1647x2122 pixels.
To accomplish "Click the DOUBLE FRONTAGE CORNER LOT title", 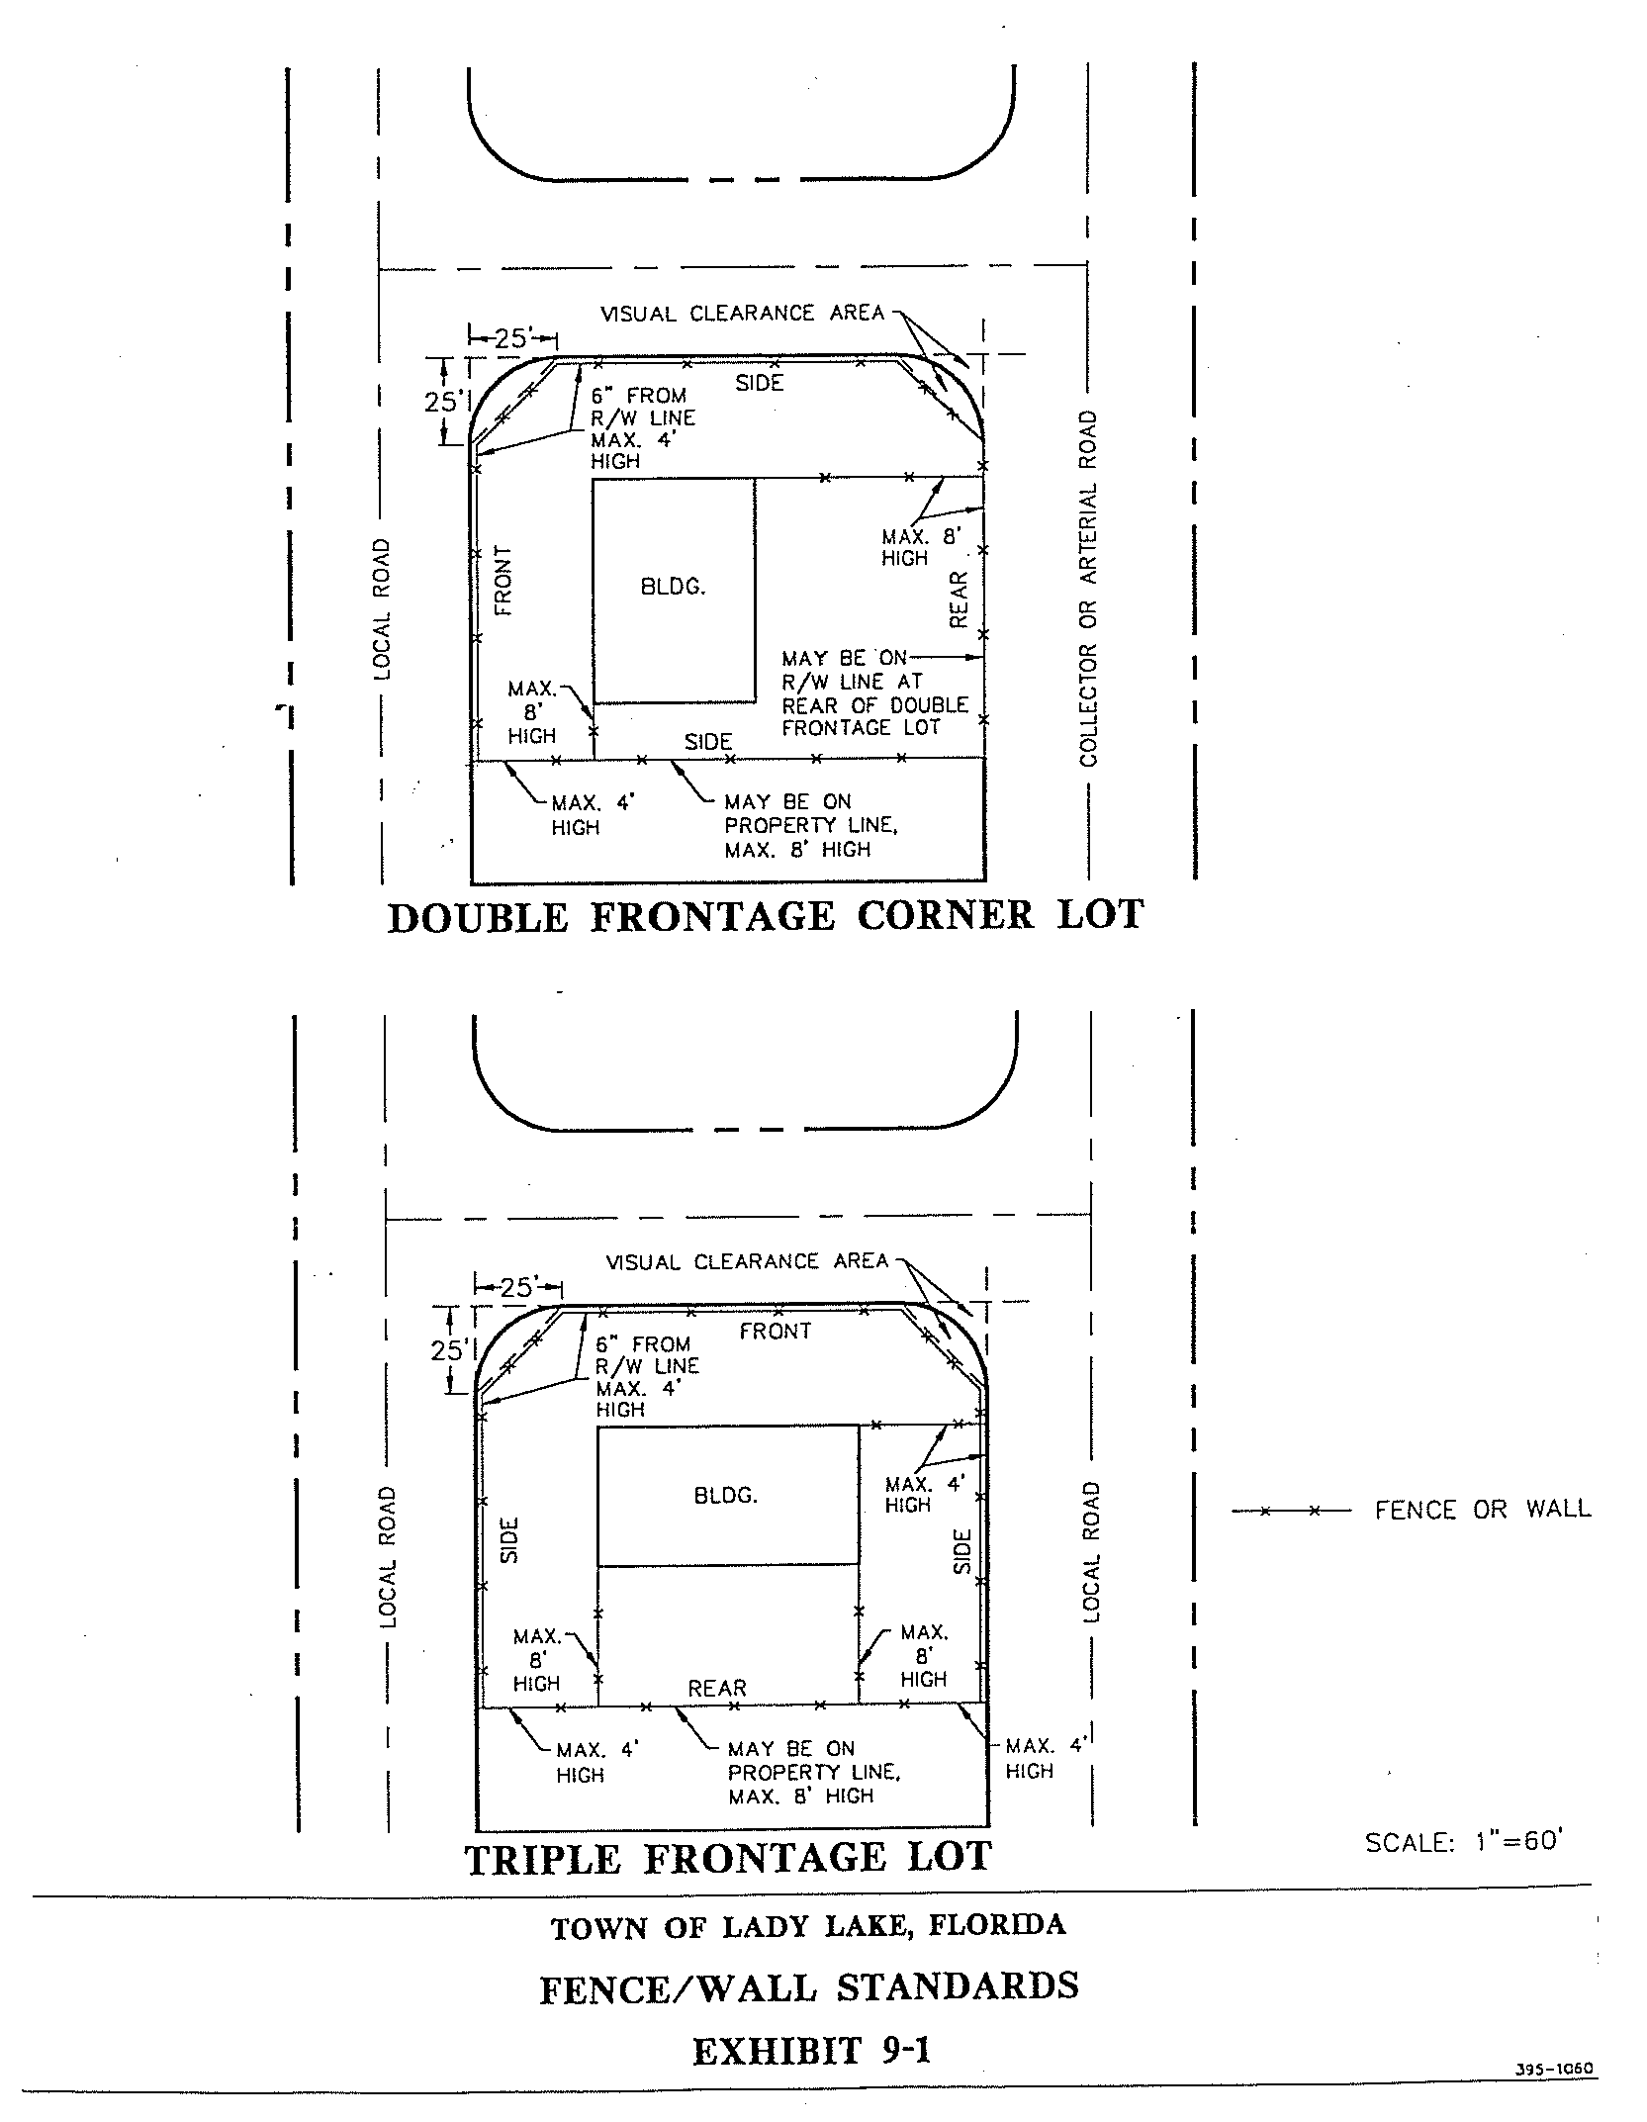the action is [x=766, y=915].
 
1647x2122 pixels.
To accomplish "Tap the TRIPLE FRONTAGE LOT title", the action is [x=728, y=1858].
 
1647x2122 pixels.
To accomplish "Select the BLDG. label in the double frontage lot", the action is [x=674, y=587].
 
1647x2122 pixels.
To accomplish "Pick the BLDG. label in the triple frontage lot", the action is [x=726, y=1496].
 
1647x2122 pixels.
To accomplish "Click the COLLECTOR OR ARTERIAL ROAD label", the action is [x=1088, y=589].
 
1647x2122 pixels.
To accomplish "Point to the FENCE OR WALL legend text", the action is [x=1483, y=1510].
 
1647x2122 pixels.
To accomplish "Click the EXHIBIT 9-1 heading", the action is [x=811, y=2051].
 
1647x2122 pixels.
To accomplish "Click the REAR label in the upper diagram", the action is [x=958, y=600].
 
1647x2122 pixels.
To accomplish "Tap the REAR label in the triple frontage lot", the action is [x=717, y=1687].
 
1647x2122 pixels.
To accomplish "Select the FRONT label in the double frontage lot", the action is [x=503, y=580].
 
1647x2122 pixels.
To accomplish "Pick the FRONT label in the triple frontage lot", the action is [x=775, y=1331].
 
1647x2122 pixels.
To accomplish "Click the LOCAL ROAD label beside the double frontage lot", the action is [x=382, y=608].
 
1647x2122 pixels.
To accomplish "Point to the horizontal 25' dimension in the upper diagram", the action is [x=510, y=338].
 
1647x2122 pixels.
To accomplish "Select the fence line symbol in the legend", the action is [x=1290, y=1511].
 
